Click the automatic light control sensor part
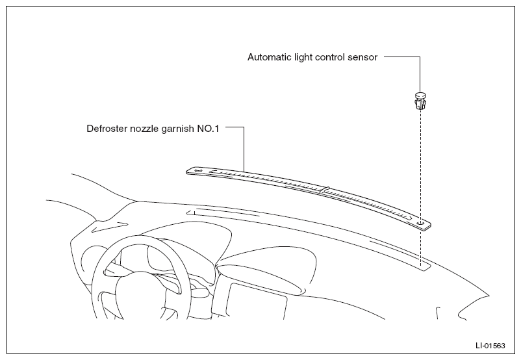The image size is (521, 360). point(420,101)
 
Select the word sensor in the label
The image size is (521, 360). point(362,57)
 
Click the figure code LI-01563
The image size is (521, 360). point(490,346)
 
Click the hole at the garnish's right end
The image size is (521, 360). point(421,223)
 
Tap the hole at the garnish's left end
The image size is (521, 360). point(198,170)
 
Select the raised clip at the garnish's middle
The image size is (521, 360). point(325,190)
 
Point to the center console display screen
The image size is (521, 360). point(257,301)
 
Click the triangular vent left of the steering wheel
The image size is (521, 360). point(109,227)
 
